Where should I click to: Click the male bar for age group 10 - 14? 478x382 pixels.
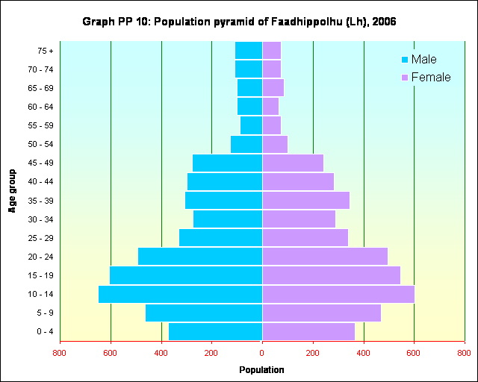tap(180, 294)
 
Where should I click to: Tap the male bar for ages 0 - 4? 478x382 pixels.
tap(215, 331)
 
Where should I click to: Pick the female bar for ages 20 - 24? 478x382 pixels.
tap(325, 256)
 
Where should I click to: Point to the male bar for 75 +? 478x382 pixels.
tap(249, 50)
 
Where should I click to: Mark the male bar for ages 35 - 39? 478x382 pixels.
tap(223, 200)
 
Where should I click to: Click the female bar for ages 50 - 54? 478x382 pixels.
tap(275, 144)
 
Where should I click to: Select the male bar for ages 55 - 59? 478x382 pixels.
tap(251, 125)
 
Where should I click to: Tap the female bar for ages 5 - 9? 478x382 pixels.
tap(321, 313)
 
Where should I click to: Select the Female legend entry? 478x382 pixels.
tap(426, 78)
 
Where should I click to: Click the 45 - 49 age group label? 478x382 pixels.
tap(39, 163)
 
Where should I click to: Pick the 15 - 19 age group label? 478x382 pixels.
tap(39, 275)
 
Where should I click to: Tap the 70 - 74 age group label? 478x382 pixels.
tap(39, 69)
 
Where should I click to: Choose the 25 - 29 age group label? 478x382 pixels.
tap(39, 238)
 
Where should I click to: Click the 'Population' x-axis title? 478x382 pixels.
tap(261, 369)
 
